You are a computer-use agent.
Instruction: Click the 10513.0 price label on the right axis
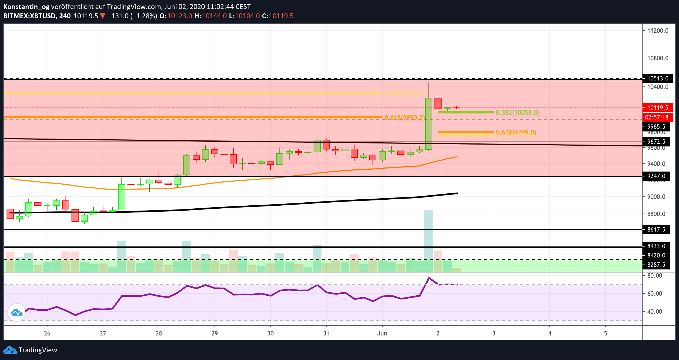[657, 79]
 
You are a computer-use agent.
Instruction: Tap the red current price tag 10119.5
[657, 108]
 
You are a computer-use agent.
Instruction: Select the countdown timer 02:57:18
[656, 118]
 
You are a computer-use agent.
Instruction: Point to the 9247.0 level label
[656, 176]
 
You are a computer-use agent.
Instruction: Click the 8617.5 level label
[656, 230]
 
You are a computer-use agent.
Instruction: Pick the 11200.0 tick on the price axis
[658, 31]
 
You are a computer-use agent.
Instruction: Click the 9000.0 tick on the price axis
[656, 197]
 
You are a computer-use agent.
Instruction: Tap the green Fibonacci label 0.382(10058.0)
[517, 113]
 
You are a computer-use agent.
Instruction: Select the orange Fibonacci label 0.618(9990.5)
[404, 118]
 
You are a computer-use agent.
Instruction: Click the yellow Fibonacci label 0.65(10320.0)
[404, 93]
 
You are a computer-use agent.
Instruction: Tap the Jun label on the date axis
[382, 333]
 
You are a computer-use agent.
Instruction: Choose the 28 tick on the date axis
[159, 333]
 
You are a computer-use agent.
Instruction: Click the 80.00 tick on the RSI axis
[654, 276]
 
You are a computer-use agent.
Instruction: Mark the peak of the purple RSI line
[429, 278]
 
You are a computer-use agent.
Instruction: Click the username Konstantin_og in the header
[26, 7]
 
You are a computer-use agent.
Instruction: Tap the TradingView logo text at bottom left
[38, 350]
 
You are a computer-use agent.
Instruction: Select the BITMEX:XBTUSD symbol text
[30, 16]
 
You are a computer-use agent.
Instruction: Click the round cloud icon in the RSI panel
[17, 313]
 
